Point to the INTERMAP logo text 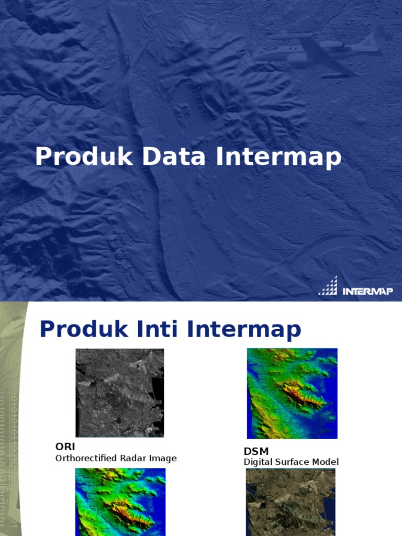point(367,291)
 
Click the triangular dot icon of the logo point(328,286)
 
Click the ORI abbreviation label point(65,446)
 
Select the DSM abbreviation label point(256,451)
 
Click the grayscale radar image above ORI point(119,393)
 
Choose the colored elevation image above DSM point(292,393)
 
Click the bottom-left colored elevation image point(120,501)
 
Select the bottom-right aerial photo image point(291,501)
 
